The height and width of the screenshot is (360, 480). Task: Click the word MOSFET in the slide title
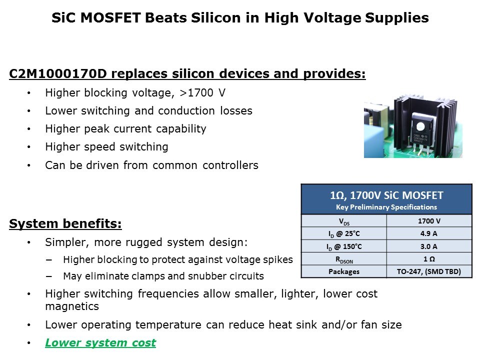coord(110,18)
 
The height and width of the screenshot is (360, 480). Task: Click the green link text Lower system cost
coord(100,343)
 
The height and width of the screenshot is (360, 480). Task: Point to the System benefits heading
coord(65,223)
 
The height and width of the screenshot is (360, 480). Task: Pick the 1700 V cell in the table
coord(429,221)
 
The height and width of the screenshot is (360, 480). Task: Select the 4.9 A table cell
coord(429,233)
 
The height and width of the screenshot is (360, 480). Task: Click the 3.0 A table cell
coord(429,246)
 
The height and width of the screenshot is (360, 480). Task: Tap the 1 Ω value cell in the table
coord(429,259)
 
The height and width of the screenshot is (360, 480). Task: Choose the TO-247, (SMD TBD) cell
coord(429,271)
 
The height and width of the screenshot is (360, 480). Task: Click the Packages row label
coord(344,272)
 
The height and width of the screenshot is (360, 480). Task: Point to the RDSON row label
coord(344,260)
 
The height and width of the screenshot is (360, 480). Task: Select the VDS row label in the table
coord(344,221)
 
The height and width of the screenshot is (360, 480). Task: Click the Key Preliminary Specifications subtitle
coord(386,207)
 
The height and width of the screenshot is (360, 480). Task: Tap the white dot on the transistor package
coord(420,126)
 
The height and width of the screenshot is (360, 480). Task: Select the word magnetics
coord(72,306)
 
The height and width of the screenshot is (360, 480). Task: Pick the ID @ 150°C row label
coord(344,246)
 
